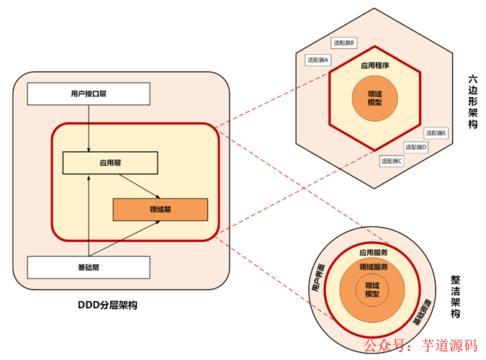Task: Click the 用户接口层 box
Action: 89,94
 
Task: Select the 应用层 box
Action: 110,163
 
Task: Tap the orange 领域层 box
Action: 161,210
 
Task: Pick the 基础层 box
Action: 89,267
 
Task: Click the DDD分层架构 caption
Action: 107,305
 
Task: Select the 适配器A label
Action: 318,60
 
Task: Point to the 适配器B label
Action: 343,42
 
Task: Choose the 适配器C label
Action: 392,161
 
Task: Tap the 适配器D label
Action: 416,147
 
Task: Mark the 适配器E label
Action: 436,133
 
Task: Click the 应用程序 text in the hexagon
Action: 374,66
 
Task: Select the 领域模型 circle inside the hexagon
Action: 374,99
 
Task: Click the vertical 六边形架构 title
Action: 472,102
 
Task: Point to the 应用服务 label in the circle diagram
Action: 374,253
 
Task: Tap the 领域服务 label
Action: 374,266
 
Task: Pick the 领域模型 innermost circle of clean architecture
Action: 372,289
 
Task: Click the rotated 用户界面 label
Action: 318,278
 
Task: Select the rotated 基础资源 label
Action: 422,312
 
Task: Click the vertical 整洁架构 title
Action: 455,297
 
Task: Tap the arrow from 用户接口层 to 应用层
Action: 89,128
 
